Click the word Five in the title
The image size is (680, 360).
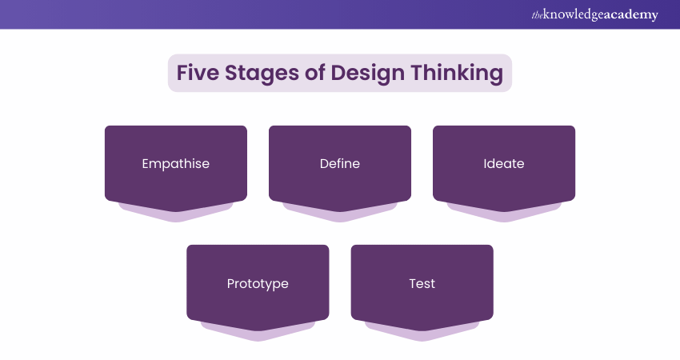(198, 73)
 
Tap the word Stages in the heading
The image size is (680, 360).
(262, 74)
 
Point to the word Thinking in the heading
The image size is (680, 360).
(457, 74)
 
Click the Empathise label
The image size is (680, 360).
(176, 164)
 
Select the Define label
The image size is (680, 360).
(340, 163)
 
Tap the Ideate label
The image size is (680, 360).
(504, 163)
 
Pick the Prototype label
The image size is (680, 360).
(258, 284)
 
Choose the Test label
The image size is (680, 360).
(422, 284)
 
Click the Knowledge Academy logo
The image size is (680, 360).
(594, 14)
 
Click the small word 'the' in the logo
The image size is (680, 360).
(537, 16)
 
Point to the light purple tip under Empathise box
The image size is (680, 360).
(176, 217)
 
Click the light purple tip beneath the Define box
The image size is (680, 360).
(340, 217)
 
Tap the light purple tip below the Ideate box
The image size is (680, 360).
(504, 217)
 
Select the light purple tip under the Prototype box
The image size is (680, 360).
(258, 336)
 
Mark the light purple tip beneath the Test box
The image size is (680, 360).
(422, 336)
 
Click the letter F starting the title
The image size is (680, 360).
(182, 73)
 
